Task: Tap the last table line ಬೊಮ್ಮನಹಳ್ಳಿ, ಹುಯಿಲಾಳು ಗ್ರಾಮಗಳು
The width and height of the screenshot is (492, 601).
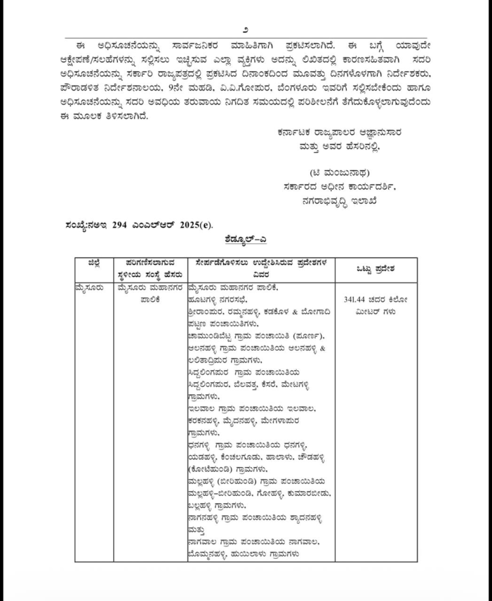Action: [x=246, y=553]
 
